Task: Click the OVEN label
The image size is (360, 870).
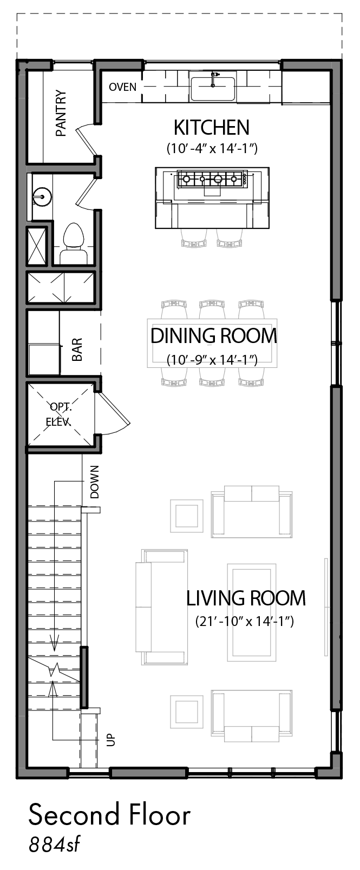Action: point(122,87)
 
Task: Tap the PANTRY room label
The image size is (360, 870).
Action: point(61,114)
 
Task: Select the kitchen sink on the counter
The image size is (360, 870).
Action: point(213,89)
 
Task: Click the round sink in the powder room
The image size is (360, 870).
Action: point(42,196)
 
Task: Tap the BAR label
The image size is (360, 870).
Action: point(77,350)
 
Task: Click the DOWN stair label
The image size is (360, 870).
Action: point(95,482)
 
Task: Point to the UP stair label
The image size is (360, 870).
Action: point(111,740)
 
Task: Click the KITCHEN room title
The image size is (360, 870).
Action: point(212,127)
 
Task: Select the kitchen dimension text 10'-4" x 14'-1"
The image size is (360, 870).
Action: point(212,148)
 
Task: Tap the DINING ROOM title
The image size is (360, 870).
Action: point(214,335)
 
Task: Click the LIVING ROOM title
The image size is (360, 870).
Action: point(246,598)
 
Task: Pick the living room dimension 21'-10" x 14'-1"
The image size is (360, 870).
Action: point(245,622)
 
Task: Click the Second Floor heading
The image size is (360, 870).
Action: point(109,815)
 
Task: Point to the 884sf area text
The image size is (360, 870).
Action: point(54,845)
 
